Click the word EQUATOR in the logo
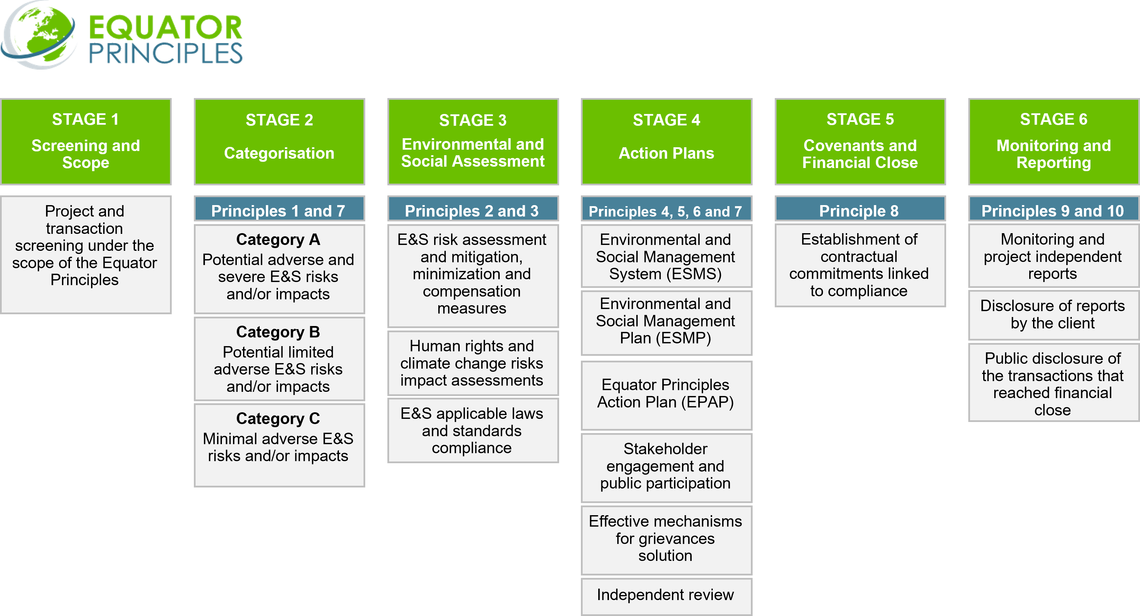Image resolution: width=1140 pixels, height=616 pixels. click(165, 27)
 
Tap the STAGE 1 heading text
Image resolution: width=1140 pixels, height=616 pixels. click(86, 119)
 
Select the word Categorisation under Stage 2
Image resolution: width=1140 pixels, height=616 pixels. click(279, 153)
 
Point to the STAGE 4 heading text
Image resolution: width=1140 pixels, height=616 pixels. click(666, 120)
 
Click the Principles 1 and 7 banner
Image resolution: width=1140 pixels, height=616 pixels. click(279, 211)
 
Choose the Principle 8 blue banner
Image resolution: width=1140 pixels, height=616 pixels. click(860, 211)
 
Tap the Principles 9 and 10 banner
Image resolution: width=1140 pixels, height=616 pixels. click(1052, 211)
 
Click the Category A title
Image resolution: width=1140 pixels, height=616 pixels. click(278, 240)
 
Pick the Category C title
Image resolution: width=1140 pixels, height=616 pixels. click(278, 419)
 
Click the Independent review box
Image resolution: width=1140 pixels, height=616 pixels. click(666, 595)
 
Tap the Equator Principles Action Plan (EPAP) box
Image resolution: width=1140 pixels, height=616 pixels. click(666, 394)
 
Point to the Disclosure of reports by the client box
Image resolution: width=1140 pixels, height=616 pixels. click(1052, 315)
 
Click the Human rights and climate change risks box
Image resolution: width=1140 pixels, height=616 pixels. click(472, 363)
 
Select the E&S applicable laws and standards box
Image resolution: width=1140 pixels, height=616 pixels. click(472, 430)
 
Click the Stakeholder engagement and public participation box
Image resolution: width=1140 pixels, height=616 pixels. click(666, 466)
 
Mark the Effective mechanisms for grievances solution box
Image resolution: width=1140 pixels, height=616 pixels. click(666, 538)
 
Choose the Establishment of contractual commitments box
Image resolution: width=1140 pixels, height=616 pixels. click(860, 265)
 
